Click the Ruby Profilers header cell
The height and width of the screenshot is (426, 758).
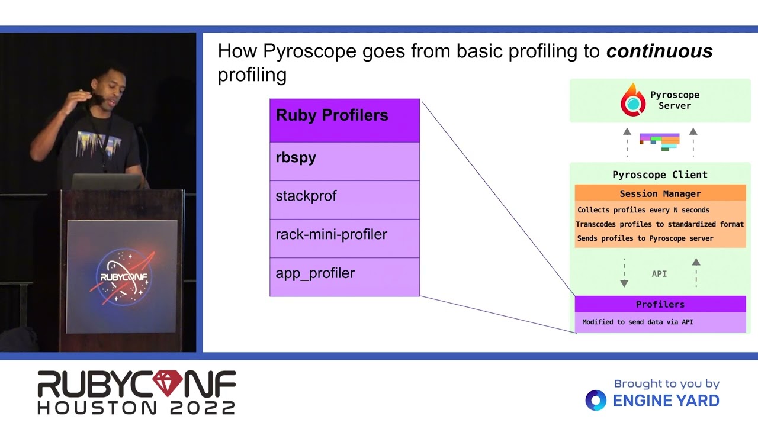click(344, 120)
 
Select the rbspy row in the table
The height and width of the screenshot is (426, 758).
click(344, 161)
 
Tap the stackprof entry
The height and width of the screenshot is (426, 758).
click(344, 199)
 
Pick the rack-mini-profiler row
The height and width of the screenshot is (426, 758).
click(344, 238)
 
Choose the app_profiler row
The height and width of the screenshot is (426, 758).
click(344, 276)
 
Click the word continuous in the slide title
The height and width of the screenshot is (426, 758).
click(659, 51)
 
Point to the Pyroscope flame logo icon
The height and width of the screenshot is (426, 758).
click(632, 101)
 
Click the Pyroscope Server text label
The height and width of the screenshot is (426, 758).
click(675, 100)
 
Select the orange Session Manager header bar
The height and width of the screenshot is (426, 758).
click(660, 193)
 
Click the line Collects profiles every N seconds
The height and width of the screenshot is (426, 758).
click(643, 210)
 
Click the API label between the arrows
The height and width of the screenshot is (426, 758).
click(659, 274)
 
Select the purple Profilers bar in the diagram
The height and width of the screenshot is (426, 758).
click(660, 304)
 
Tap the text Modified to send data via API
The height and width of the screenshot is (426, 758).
click(637, 322)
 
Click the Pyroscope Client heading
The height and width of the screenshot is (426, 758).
click(660, 175)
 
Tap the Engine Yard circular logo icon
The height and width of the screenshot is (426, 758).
click(596, 401)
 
